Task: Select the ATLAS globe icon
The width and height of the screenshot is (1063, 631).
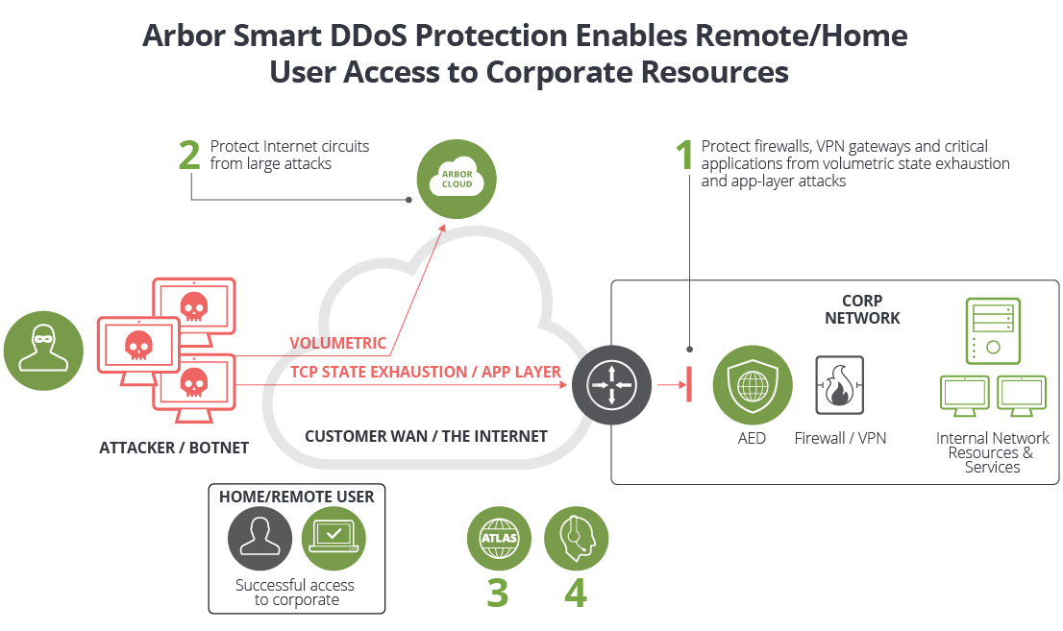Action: pos(498,538)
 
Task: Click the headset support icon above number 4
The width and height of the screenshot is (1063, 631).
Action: pos(576,538)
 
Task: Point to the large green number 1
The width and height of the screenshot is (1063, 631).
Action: pos(684,156)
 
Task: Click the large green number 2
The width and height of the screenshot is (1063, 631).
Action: pos(190,156)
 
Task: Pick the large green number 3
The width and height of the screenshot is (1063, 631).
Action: pos(497,594)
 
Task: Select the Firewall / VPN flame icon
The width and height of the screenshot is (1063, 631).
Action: pos(839,385)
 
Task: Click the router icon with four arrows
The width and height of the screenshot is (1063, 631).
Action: pos(612,385)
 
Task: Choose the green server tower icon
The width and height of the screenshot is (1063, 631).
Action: pos(992,329)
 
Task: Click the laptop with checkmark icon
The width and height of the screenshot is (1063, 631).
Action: pos(333,538)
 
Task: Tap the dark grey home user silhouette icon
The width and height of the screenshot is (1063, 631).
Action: pos(260,538)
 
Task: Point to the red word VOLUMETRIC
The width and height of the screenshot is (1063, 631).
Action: pos(337,344)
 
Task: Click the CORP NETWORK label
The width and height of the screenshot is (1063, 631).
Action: pos(862,309)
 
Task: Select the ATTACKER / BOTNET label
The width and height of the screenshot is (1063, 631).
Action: pos(174,448)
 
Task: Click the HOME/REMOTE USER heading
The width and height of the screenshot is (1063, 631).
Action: pos(296,497)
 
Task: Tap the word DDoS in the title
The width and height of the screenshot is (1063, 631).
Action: pos(387,36)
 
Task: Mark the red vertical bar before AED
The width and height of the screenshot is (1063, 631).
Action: pos(690,385)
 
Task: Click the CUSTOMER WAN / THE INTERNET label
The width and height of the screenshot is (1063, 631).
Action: pos(426,436)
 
